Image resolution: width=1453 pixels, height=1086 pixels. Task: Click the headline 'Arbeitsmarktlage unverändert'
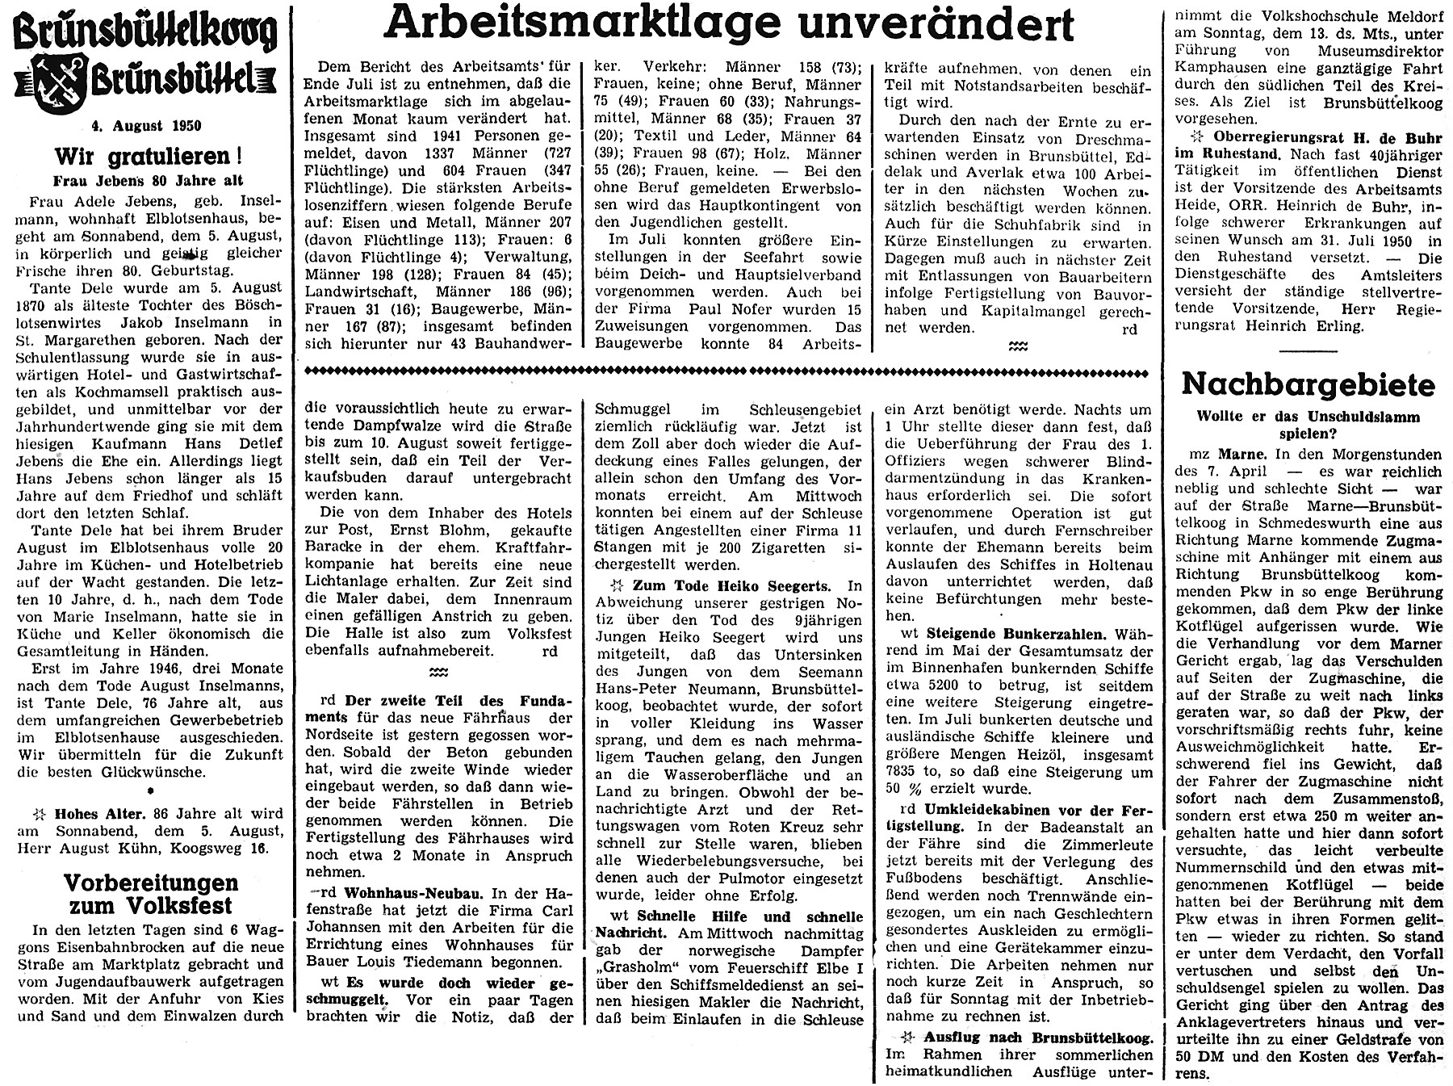click(x=729, y=24)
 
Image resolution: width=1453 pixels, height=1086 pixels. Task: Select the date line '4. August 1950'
click(x=145, y=125)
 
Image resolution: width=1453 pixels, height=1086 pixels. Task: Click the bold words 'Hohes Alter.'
click(x=100, y=815)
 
